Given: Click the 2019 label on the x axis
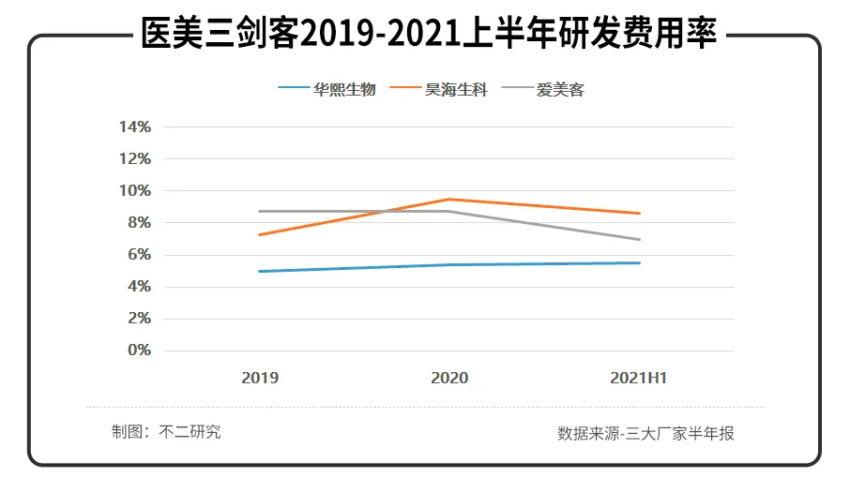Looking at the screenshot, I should coord(260,379).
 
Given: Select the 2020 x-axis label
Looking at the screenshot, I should coord(449,379).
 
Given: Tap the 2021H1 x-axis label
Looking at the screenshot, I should coord(638,379).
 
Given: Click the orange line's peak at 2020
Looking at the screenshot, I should coord(449,199).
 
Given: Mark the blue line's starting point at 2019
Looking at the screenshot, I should coord(260,272).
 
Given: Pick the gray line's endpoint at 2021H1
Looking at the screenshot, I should coord(639,239).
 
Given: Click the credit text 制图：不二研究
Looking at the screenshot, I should coord(166,432).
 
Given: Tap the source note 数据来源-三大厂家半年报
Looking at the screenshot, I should coord(645,434).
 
